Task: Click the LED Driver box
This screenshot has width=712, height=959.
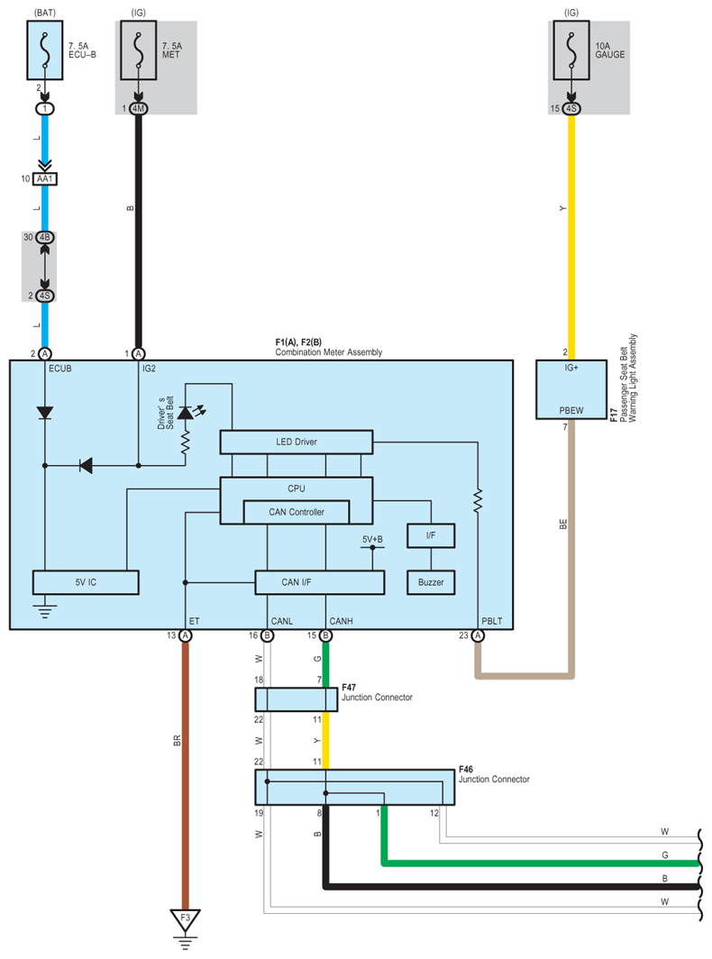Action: tap(297, 442)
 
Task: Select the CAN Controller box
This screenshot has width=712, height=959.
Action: tap(297, 512)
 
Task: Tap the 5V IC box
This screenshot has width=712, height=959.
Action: tap(86, 582)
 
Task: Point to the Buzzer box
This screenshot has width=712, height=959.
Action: tap(431, 582)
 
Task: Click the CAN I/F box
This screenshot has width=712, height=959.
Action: tap(319, 582)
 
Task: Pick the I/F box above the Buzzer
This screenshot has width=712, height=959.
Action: tap(431, 536)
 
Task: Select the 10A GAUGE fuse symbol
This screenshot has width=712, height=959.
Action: tap(571, 53)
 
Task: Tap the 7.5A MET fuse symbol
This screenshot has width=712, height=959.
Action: tap(138, 53)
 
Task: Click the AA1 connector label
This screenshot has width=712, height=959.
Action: tap(44, 179)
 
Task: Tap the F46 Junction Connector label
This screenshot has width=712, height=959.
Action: tap(494, 774)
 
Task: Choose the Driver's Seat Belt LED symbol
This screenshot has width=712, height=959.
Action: tap(187, 413)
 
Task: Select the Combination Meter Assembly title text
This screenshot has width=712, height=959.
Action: tap(328, 352)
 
